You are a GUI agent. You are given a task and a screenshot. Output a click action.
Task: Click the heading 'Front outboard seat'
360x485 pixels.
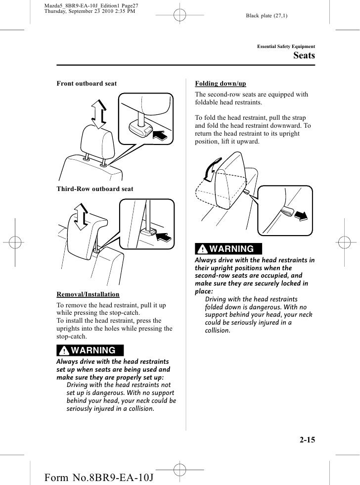(x=87, y=84)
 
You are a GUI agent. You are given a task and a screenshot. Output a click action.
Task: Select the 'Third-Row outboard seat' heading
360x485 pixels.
(x=95, y=189)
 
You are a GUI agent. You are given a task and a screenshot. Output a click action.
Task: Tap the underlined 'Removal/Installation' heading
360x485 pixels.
(x=88, y=294)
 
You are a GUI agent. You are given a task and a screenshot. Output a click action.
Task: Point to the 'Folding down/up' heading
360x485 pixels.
(x=221, y=84)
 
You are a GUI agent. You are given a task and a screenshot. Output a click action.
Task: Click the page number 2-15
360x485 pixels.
(x=306, y=438)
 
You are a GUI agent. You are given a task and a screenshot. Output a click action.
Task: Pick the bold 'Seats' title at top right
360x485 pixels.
(x=304, y=56)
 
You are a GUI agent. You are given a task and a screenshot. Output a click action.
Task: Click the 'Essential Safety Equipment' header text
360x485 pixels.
(x=286, y=47)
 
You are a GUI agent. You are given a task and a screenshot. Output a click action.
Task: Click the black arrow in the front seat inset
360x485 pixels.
(x=162, y=135)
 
